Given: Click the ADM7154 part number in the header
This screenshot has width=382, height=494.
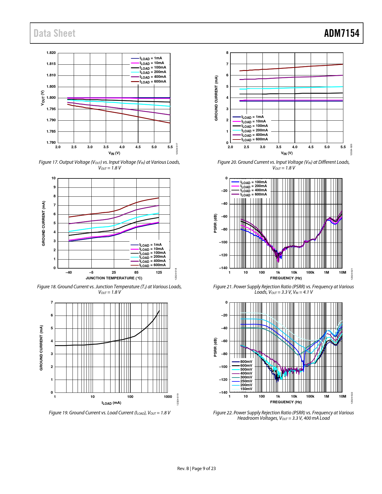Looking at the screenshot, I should point(342,33).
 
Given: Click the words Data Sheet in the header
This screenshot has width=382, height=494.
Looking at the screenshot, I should point(55,33).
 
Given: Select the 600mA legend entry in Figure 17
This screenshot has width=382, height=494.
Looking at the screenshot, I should point(153,81).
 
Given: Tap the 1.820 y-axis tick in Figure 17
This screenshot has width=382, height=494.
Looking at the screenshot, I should point(51,53).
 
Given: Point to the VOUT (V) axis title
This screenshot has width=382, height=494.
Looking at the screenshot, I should point(43,98).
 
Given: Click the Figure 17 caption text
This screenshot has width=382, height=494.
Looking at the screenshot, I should point(109,165).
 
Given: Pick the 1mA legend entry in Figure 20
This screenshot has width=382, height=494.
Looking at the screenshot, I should point(253,117).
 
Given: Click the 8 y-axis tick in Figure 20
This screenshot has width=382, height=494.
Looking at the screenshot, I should point(227,53).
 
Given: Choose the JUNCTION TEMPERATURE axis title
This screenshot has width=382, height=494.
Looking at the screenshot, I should point(114,278).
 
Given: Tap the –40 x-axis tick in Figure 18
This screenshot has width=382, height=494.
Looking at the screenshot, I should point(69,272).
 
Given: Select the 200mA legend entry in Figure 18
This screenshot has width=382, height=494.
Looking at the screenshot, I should point(152,257).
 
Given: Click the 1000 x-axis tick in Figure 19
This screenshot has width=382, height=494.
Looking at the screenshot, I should point(168,397).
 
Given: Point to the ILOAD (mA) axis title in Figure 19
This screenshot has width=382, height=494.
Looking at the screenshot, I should point(111,403).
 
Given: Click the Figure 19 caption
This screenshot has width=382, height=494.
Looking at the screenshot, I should point(109,413).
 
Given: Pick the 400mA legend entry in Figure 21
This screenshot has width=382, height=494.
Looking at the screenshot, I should point(253,190).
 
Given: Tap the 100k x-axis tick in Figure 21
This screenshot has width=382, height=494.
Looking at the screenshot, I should point(310,272).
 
